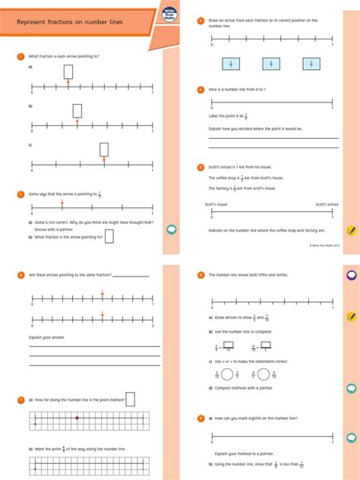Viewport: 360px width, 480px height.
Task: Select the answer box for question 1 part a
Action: [68, 71]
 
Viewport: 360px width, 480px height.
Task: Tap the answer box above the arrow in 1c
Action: [104, 149]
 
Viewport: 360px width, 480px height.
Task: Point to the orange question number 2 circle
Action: [21, 194]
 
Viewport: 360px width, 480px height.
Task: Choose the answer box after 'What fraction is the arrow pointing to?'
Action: [109, 236]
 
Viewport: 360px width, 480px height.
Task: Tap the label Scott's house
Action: [216, 204]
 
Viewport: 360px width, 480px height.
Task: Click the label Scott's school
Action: [327, 204]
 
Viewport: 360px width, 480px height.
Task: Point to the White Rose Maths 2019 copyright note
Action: [324, 245]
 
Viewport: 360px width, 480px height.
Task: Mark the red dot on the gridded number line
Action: [77, 418]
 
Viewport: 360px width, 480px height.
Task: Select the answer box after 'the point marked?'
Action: [130, 398]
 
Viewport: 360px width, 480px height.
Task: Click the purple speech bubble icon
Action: [352, 275]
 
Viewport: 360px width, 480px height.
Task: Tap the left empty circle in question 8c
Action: [226, 374]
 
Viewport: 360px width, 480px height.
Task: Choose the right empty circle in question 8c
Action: [264, 374]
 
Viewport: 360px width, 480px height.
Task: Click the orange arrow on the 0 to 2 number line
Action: [103, 315]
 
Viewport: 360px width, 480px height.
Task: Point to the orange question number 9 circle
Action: [201, 418]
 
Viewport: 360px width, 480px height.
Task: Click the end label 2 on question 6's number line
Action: [153, 326]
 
